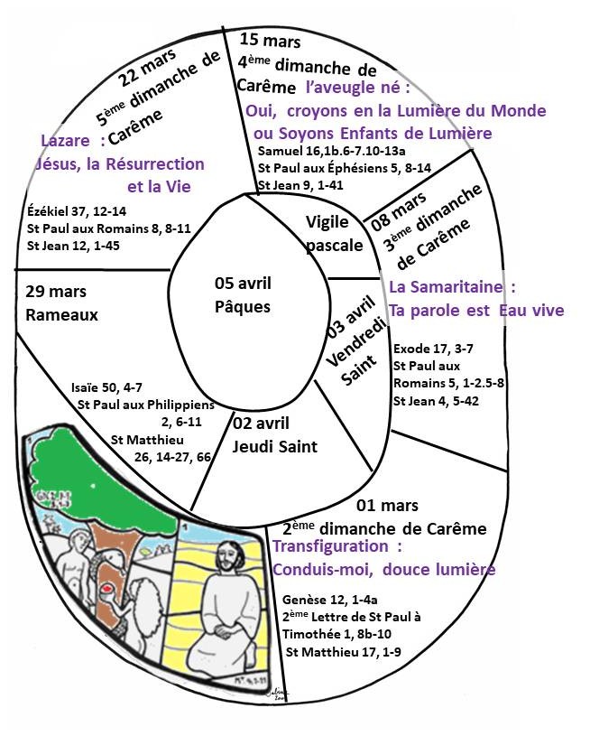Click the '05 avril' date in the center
point(243,284)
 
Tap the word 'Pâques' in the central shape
point(243,306)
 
